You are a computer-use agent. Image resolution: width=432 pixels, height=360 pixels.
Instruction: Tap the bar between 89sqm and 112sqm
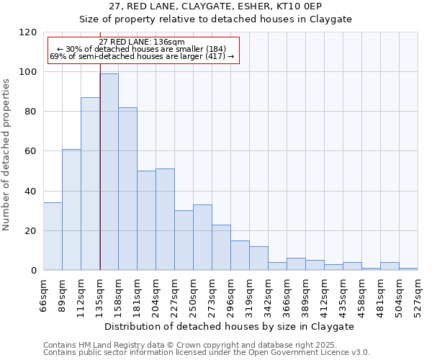tap(71, 210)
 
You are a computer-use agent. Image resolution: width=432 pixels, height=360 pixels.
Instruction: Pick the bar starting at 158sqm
tap(127, 189)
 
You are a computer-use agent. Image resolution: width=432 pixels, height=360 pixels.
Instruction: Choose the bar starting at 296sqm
tap(240, 256)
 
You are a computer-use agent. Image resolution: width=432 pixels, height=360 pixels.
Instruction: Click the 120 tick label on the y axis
tap(28, 32)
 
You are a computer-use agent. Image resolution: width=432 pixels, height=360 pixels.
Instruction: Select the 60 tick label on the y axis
tap(31, 151)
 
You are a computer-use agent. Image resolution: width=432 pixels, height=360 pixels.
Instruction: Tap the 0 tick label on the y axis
tap(34, 271)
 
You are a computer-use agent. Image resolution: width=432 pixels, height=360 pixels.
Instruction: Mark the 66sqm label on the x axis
tap(44, 294)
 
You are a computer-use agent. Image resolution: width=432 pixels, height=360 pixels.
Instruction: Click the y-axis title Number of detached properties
tap(7, 155)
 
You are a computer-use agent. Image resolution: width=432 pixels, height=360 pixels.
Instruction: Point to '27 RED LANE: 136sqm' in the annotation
tap(142, 42)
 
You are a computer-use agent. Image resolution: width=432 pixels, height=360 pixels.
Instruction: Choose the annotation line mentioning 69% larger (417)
tap(142, 56)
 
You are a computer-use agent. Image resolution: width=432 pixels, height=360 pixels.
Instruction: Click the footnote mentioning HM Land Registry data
tap(185, 345)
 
